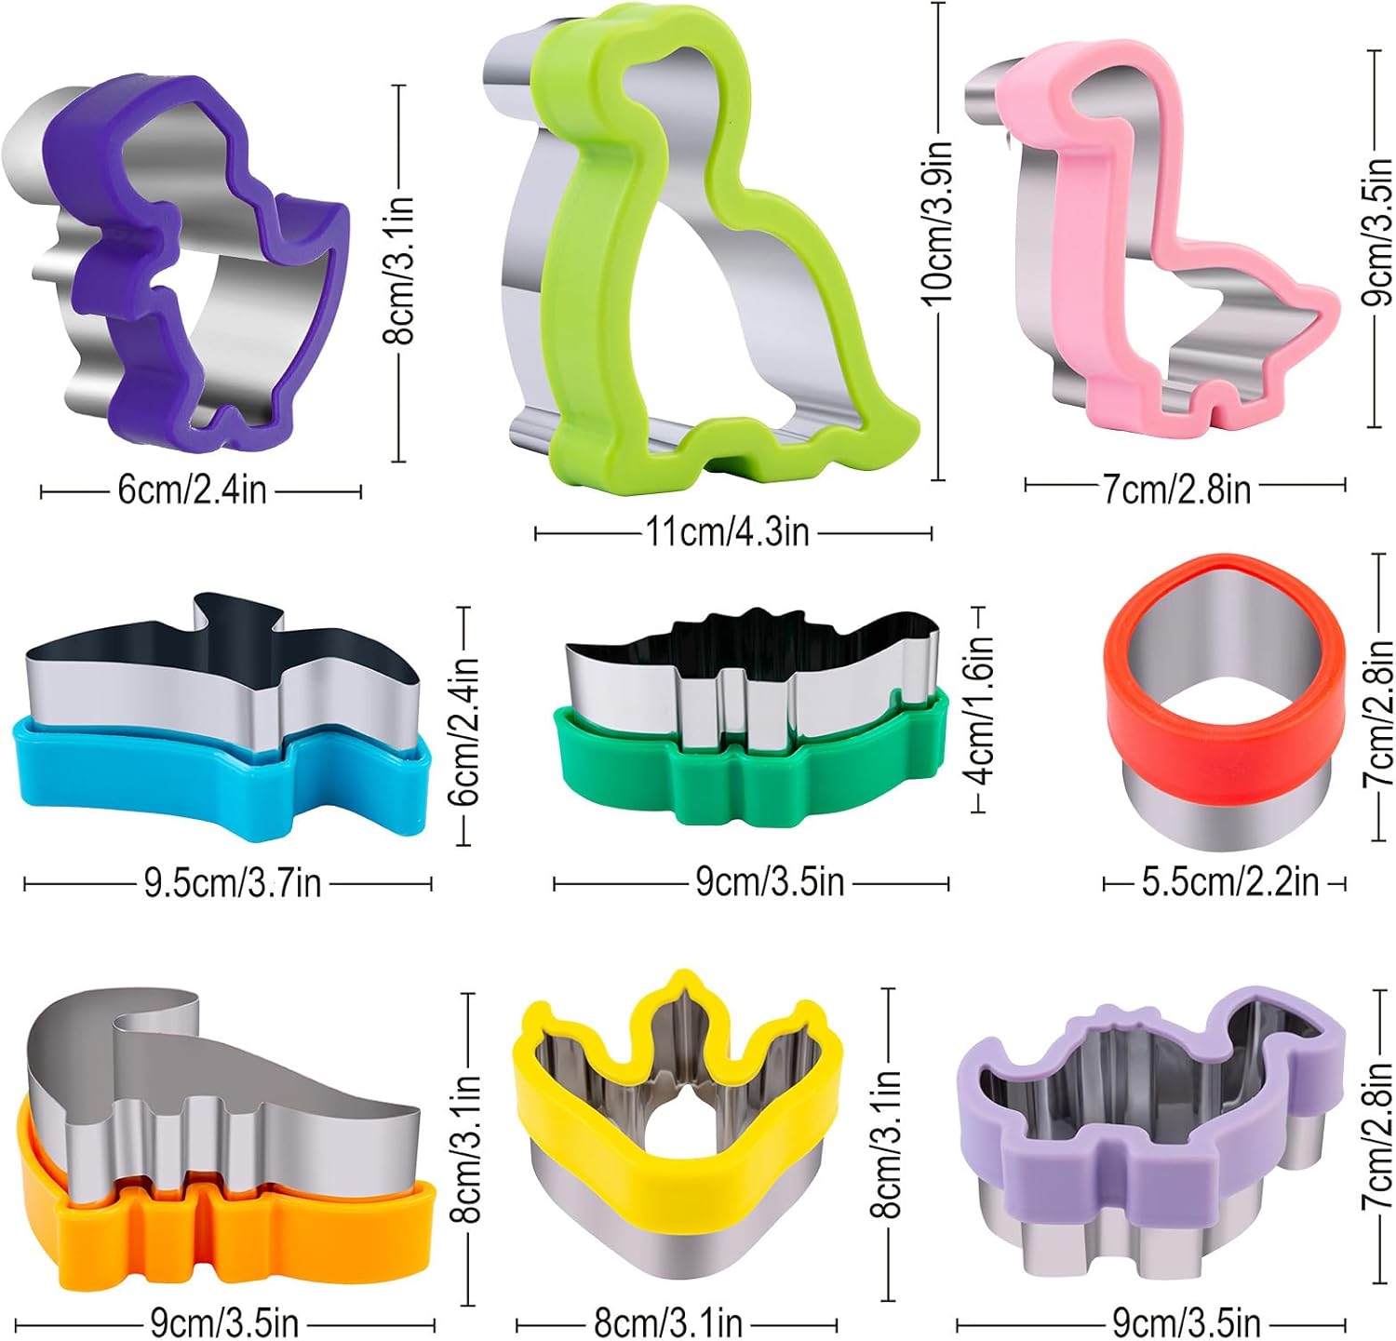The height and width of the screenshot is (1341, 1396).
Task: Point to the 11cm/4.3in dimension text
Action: pyautogui.click(x=727, y=533)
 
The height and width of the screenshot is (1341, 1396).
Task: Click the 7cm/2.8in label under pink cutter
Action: pyautogui.click(x=1176, y=489)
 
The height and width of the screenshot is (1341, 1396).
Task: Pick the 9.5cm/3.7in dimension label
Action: pyautogui.click(x=232, y=883)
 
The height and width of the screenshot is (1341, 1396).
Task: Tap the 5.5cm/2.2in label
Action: pyautogui.click(x=1229, y=882)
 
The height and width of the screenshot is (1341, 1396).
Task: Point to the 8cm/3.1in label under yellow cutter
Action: pyautogui.click(x=668, y=1322)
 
